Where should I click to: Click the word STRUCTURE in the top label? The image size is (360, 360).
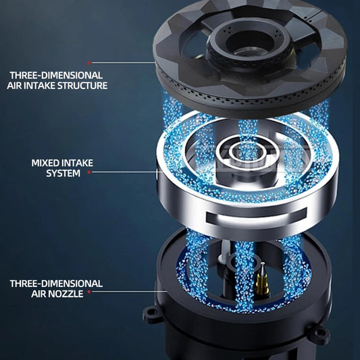click(x=82, y=85)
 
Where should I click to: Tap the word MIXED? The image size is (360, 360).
click(x=45, y=163)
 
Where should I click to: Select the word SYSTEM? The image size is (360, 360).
click(x=63, y=173)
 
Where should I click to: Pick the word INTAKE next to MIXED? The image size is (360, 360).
click(x=77, y=163)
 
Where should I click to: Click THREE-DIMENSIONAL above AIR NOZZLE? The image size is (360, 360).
click(x=56, y=284)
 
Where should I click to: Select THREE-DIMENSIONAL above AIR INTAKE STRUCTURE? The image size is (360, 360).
click(x=56, y=75)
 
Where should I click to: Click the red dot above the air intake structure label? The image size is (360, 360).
click(x=89, y=63)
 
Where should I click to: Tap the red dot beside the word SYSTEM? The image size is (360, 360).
click(x=89, y=172)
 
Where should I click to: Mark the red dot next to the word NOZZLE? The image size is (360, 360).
click(x=89, y=292)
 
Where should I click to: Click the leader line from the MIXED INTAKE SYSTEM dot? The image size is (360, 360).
click(x=124, y=172)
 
